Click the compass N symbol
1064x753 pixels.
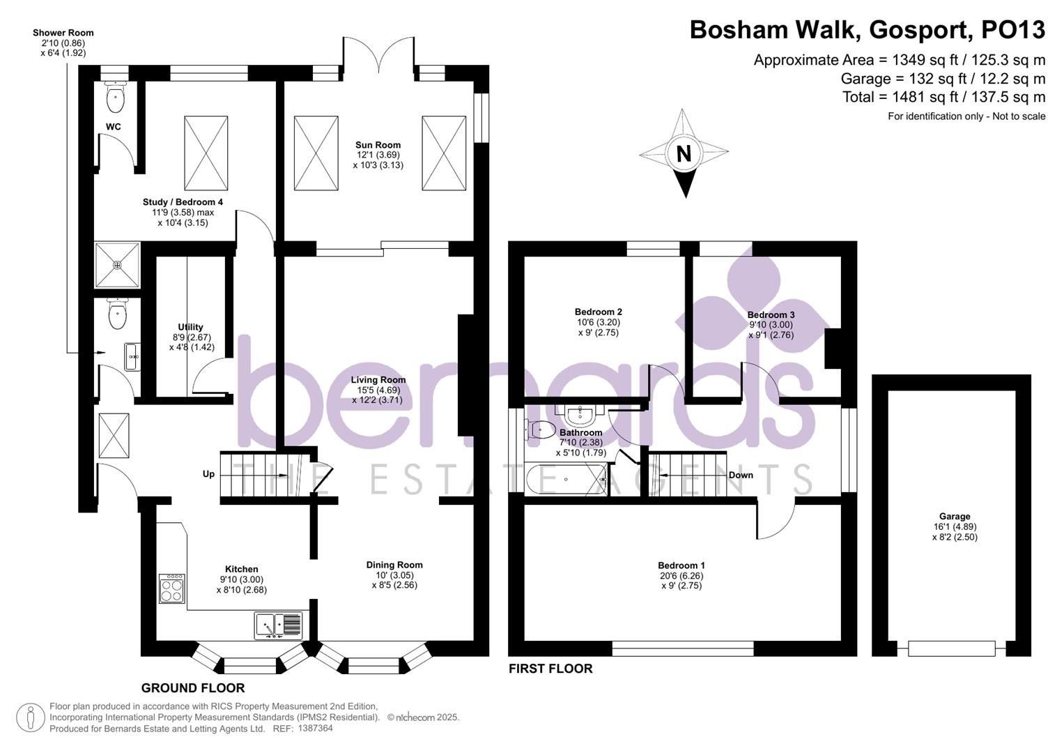pyautogui.click(x=684, y=154)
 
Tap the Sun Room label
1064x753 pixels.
pyautogui.click(x=378, y=145)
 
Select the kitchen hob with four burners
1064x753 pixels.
pyautogui.click(x=171, y=588)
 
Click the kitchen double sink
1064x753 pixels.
pyautogui.click(x=278, y=625)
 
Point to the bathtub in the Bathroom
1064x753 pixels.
pyautogui.click(x=565, y=480)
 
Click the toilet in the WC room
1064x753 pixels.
pyautogui.click(x=116, y=98)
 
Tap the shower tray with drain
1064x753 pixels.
pyautogui.click(x=117, y=265)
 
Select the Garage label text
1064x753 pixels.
pyautogui.click(x=954, y=517)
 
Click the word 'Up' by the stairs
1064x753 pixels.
pyautogui.click(x=208, y=474)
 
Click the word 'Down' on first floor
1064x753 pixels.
pyautogui.click(x=740, y=475)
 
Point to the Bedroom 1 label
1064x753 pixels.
pyautogui.click(x=681, y=565)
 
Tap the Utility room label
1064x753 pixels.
pyautogui.click(x=190, y=327)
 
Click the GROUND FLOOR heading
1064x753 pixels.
pyautogui.click(x=192, y=688)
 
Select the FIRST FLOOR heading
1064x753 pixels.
pyautogui.click(x=550, y=669)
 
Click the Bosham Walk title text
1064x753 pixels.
pyautogui.click(x=867, y=30)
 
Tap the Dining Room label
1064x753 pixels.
pyautogui.click(x=394, y=565)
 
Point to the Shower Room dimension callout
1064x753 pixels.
pyautogui.click(x=63, y=43)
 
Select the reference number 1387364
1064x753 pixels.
pyautogui.click(x=315, y=728)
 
